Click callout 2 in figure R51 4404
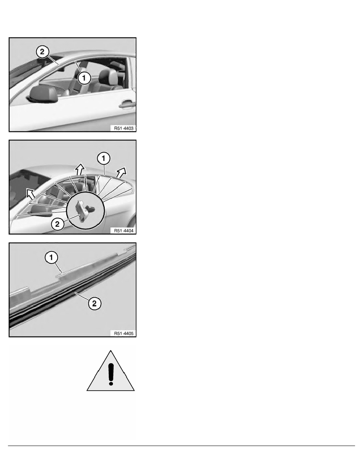pos(58,224)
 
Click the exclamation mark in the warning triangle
pos(111,372)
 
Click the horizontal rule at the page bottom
pos(180,446)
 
